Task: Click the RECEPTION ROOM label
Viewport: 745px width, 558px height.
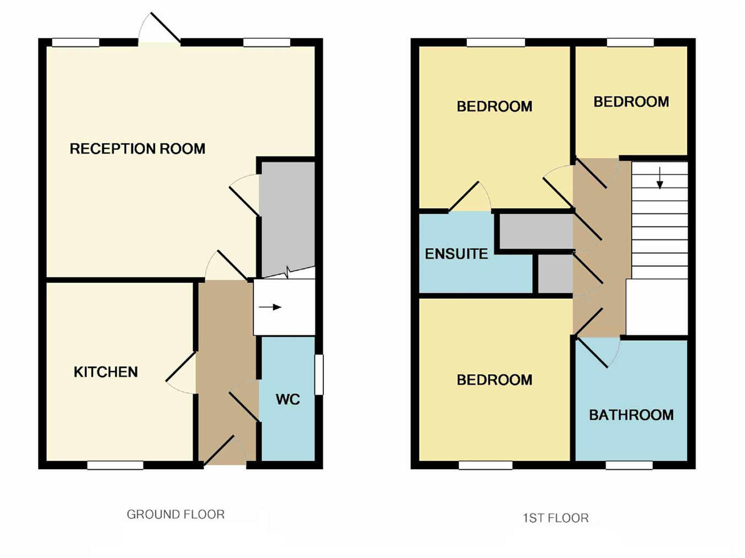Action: click(x=137, y=148)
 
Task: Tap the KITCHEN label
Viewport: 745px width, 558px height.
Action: click(x=106, y=372)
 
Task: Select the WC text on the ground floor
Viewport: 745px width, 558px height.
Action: click(x=288, y=399)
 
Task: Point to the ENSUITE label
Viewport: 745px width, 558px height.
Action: click(x=456, y=254)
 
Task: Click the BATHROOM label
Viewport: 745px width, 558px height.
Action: click(x=631, y=415)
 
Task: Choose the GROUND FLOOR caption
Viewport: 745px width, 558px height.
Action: click(x=175, y=514)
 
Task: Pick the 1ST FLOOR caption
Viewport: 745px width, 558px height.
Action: click(x=556, y=518)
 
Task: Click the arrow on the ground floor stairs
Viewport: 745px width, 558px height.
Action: click(x=270, y=307)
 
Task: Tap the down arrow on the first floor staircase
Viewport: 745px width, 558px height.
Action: click(x=660, y=178)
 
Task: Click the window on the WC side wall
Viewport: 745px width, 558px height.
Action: click(x=319, y=375)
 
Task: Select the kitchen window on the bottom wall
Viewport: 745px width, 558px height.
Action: click(x=115, y=465)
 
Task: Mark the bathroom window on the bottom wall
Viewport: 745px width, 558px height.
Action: click(x=629, y=465)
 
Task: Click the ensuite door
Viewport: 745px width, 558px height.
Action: click(x=469, y=197)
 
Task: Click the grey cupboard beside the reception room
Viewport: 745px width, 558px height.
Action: click(x=287, y=218)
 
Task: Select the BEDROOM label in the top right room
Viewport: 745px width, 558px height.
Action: click(x=631, y=101)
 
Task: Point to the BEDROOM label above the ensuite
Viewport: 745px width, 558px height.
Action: click(x=494, y=106)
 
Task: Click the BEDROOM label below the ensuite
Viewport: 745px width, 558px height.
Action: click(x=494, y=380)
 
